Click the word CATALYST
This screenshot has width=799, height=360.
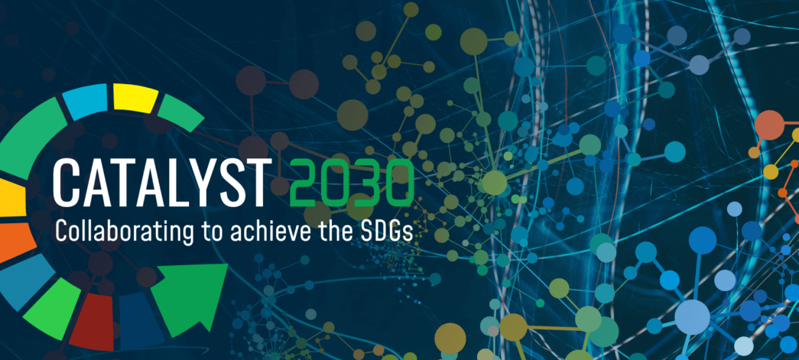pyautogui.click(x=160, y=183)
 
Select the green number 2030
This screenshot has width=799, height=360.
pyautogui.click(x=351, y=183)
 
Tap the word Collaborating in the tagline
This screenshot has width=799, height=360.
pyautogui.click(x=122, y=232)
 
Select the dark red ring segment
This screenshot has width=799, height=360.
pyautogui.click(x=93, y=322)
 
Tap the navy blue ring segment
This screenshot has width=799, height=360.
pyautogui.click(x=140, y=320)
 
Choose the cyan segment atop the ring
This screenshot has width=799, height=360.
pyautogui.click(x=86, y=101)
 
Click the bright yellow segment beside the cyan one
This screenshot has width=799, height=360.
pyautogui.click(x=135, y=98)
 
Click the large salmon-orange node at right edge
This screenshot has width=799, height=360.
pyautogui.click(x=769, y=125)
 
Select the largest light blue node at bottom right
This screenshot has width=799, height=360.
pyautogui.click(x=692, y=316)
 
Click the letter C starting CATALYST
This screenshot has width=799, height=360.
pyautogui.click(x=65, y=183)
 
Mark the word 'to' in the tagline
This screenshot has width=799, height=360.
pyautogui.click(x=209, y=233)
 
